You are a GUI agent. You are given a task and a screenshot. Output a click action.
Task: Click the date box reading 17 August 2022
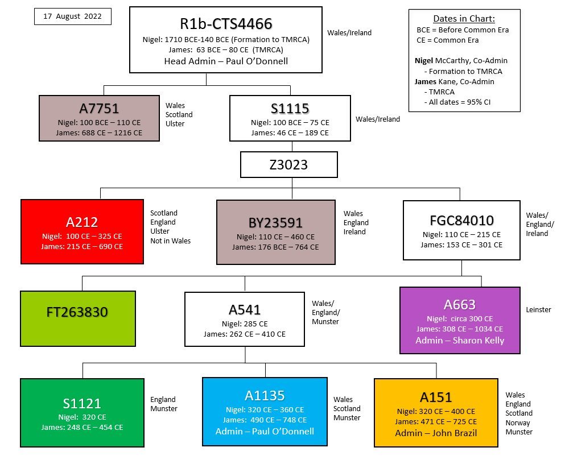pos(73,16)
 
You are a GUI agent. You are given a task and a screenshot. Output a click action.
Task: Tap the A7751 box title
pos(99,109)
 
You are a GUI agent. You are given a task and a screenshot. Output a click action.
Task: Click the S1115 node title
pos(290,109)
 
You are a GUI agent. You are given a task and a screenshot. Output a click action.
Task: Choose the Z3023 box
pos(289,165)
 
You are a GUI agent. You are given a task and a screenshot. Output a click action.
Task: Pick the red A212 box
pos(82,232)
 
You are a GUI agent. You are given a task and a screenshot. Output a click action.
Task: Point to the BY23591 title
pos(275,222)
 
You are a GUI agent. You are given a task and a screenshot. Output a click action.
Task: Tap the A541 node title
pos(245,310)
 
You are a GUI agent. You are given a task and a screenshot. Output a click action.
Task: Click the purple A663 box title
pos(460,305)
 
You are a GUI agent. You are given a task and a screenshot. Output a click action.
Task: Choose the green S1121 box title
pos(82,404)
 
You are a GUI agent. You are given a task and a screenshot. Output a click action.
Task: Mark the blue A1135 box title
pos(265,395)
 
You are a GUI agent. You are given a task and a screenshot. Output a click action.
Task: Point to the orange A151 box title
pos(436,397)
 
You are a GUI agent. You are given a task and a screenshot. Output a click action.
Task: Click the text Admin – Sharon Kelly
pos(460,340)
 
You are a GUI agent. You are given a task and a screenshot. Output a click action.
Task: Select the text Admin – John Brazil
pos(436,433)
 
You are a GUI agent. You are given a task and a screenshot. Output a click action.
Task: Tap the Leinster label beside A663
pos(538,310)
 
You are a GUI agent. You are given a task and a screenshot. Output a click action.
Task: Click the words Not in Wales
pos(170,241)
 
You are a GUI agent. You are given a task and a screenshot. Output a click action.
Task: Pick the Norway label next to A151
pos(518,422)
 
